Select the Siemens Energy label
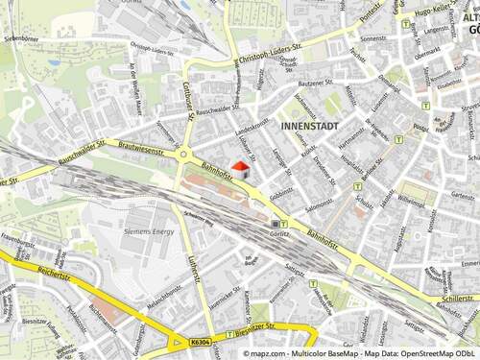tap(148, 231)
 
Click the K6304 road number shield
tap(201, 341)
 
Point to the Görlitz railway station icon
tap(276, 223)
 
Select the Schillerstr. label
tap(460, 299)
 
